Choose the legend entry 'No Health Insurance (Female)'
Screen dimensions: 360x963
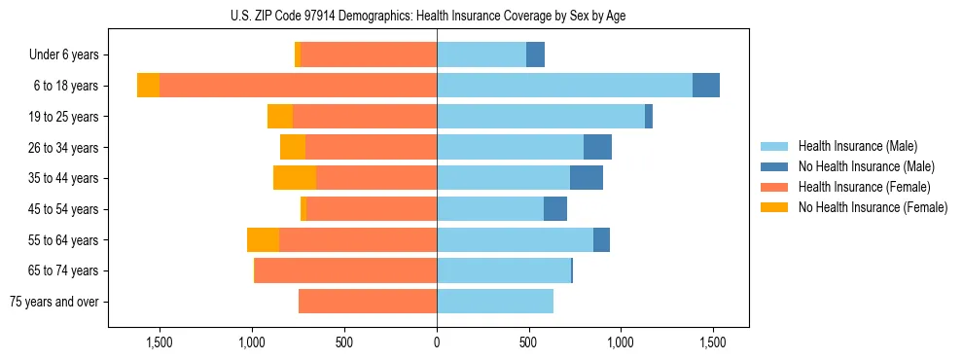(873, 207)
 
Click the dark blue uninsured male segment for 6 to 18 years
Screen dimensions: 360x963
(706, 86)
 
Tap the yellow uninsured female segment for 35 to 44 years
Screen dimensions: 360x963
(295, 178)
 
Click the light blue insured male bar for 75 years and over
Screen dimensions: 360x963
(495, 302)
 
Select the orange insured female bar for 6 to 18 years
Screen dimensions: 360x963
(298, 86)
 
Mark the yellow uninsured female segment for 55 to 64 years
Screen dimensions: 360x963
(263, 239)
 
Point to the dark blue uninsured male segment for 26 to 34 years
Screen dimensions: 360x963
(597, 147)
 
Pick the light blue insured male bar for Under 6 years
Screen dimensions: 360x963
(481, 55)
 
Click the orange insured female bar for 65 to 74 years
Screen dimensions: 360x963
(345, 270)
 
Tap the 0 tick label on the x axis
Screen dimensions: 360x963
(437, 342)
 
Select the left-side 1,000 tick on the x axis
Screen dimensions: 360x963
(252, 342)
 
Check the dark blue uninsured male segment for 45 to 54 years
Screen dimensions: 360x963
(555, 209)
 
